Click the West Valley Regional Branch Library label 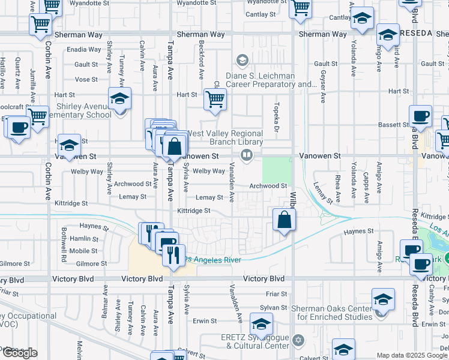[x=224, y=137]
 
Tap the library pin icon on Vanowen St [x=246, y=156]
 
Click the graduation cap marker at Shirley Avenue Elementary [x=120, y=98]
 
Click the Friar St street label [x=276, y=294]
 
